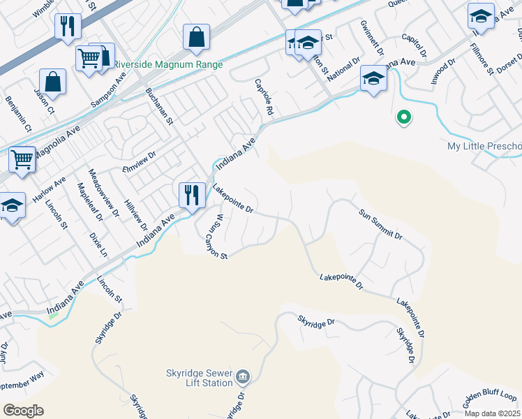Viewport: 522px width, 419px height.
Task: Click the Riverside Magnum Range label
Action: point(168,65)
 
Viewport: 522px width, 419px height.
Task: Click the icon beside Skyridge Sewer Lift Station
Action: point(242,378)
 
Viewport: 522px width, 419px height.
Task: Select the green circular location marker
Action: point(403,118)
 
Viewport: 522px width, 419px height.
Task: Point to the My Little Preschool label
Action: point(484,147)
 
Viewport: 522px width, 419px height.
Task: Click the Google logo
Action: point(23,411)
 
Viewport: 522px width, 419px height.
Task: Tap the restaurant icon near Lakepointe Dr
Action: point(192,194)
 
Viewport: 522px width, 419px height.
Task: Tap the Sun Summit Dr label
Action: point(381,224)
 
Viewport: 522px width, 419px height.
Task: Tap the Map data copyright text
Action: point(492,413)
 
